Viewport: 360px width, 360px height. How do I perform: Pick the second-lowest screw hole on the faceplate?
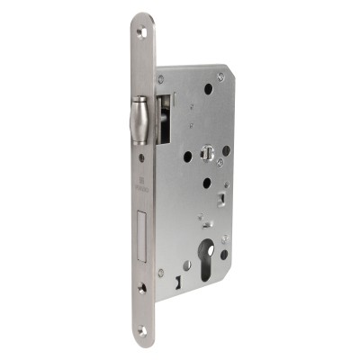click(141, 290)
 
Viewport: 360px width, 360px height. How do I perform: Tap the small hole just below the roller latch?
click(141, 159)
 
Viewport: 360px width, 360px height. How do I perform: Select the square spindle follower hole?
click(206, 159)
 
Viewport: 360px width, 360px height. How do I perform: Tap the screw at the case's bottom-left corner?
click(161, 272)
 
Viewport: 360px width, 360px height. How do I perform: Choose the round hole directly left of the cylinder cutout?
click(188, 265)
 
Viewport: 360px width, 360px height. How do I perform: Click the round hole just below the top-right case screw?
click(208, 89)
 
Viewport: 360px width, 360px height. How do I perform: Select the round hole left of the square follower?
click(187, 157)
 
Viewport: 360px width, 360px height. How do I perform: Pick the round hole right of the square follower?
click(225, 150)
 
